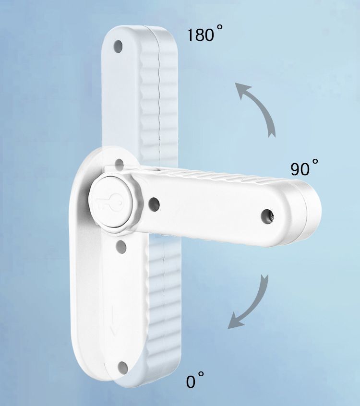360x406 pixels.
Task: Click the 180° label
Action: coord(204,34)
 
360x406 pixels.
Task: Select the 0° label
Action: coord(195,380)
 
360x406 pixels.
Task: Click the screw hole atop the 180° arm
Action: coord(118,47)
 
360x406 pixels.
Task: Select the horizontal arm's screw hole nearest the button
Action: coord(154,203)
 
